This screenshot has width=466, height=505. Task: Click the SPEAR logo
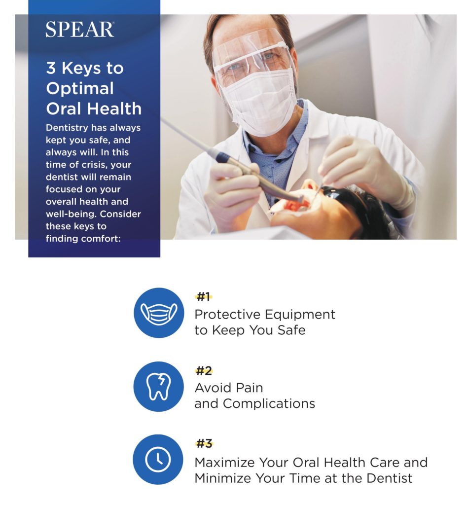(x=79, y=30)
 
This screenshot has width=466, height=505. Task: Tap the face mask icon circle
(x=159, y=313)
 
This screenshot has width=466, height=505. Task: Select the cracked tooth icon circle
(x=158, y=387)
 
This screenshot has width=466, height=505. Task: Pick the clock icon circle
(x=158, y=460)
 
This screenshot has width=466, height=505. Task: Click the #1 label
(x=203, y=296)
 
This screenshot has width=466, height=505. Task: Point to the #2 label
(x=204, y=371)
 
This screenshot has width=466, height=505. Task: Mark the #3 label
(x=204, y=444)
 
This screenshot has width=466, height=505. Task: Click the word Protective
(x=227, y=314)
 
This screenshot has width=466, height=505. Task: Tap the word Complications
(x=269, y=404)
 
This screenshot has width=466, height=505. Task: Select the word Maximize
(x=225, y=463)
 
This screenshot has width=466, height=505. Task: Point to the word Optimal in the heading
(x=80, y=89)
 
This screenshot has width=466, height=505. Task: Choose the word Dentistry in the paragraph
(x=67, y=128)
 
